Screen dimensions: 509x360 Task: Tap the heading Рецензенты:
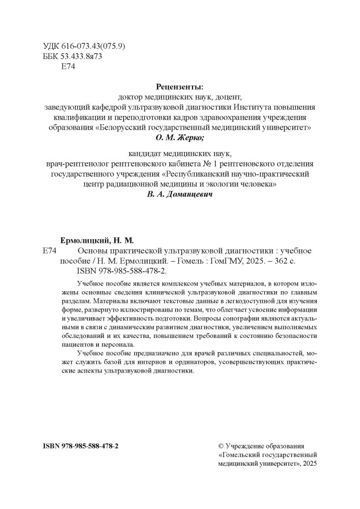click(180, 87)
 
